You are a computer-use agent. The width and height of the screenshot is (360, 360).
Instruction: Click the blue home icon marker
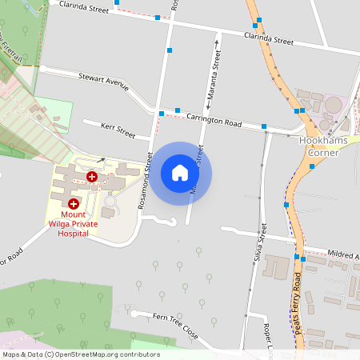[180, 173]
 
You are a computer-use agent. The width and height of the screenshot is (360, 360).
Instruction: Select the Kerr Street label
[118, 128]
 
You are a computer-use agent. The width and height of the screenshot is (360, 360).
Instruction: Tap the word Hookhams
[320, 140]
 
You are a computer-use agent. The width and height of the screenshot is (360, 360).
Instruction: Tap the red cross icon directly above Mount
[73, 204]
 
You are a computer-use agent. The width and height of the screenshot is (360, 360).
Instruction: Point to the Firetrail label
[10, 44]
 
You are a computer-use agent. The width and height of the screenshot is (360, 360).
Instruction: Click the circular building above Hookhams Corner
[332, 105]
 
